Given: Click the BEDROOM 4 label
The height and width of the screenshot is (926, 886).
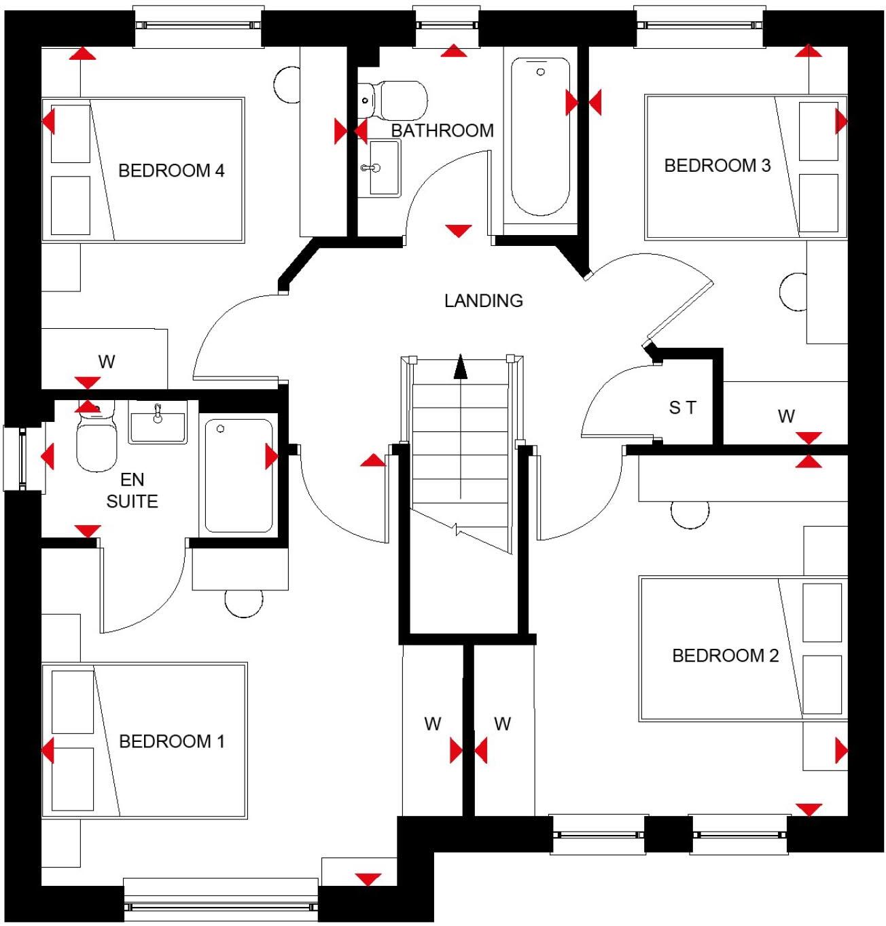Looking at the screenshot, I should [171, 171].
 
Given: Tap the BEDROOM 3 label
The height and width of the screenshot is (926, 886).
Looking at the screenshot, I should [717, 166].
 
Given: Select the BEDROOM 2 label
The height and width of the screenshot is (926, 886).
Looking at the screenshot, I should [725, 656].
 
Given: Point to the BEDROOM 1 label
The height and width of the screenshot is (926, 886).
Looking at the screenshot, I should [171, 741].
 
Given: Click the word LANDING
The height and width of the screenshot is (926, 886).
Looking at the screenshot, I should [483, 300].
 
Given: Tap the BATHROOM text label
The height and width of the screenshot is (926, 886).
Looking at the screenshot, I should [442, 130].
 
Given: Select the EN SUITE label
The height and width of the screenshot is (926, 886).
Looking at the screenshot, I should [132, 491].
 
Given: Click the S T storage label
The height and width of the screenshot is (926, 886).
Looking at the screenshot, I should [682, 408].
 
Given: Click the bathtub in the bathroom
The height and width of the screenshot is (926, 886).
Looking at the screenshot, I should [540, 136].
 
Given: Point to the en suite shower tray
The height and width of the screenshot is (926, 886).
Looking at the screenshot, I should [238, 476].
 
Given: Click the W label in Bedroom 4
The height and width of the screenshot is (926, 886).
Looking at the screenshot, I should [107, 362].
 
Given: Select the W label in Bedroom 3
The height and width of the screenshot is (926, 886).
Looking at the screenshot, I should [786, 416].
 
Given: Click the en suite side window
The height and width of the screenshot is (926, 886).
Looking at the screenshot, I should [22, 459].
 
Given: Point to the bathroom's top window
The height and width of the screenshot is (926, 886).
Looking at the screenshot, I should [446, 25].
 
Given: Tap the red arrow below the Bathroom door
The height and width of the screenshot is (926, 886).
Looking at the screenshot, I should [459, 231].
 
